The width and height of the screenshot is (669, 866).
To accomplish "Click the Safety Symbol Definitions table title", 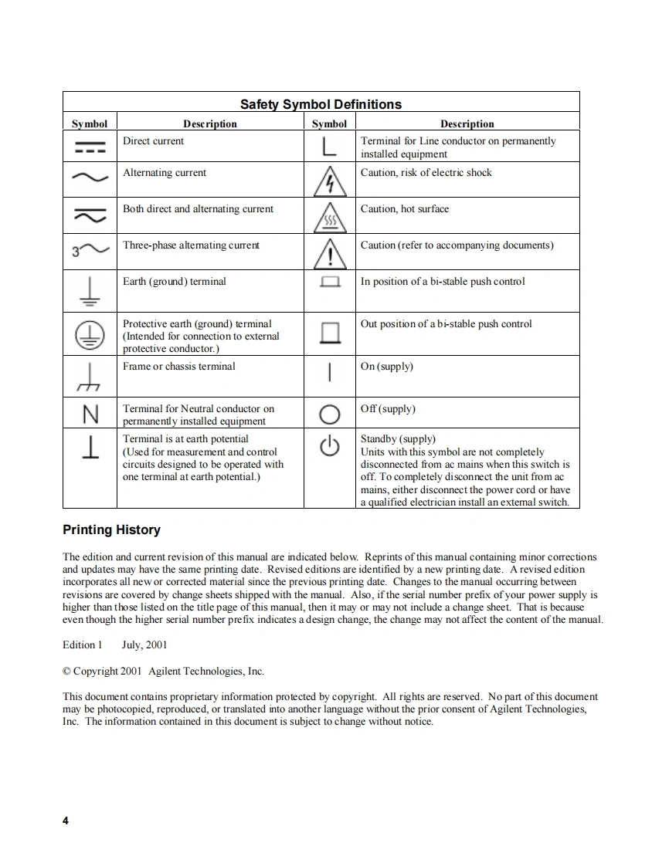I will pos(321,104).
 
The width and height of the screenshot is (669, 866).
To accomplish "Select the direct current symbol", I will pos(90,147).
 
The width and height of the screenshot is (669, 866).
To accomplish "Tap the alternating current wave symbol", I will pos(90,178).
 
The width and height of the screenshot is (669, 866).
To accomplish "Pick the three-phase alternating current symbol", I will pos(89,250).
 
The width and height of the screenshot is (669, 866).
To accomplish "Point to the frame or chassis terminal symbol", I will pos(89,377).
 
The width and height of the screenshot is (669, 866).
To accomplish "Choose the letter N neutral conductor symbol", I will pos(90,415).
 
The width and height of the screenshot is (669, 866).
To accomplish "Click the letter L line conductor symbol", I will pos(329,147).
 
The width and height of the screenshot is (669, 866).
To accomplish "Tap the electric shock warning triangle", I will pos(329,182).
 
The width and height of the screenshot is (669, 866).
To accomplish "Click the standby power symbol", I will pos(330,448).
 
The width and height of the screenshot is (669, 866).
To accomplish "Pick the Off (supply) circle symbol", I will pos(329,414).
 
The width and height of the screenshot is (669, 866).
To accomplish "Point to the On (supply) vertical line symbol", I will pos(330,373).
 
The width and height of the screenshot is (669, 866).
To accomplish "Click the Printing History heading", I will pos(111,530).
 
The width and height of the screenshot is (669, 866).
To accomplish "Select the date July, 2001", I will pos(144,644).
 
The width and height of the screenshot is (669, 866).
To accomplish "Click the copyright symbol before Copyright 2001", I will pos(67,671).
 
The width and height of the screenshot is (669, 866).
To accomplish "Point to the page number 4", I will pos(66,820).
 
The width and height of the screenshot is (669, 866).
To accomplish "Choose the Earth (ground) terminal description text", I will pos(175,282).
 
